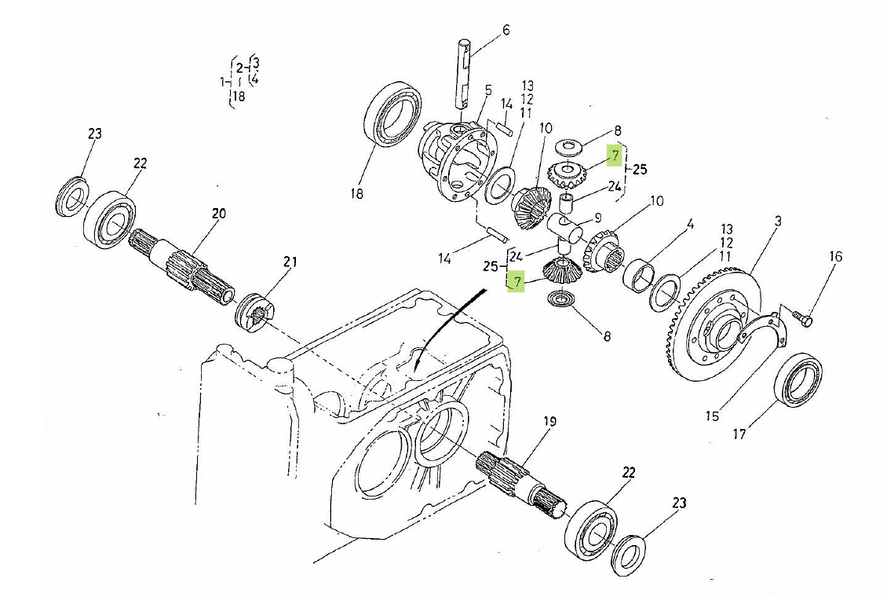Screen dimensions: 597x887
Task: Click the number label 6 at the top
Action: point(506,30)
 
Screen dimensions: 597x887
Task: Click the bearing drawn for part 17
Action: point(799,381)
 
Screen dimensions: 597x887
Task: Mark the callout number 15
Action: point(711,416)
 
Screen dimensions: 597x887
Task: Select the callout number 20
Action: point(218,214)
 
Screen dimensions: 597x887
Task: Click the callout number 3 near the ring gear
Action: point(777,222)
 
